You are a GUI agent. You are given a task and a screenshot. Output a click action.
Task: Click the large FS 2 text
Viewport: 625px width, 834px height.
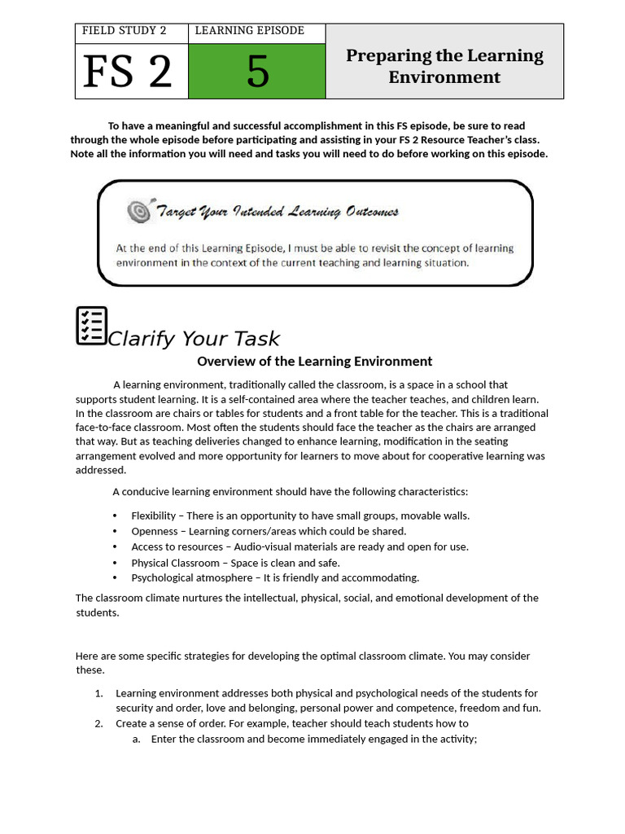128,72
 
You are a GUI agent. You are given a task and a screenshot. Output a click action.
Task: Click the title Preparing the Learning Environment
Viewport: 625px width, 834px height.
444,66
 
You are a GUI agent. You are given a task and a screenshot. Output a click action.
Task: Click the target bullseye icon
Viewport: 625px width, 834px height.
138,212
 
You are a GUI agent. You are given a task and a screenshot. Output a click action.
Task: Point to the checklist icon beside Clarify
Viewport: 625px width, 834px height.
91,326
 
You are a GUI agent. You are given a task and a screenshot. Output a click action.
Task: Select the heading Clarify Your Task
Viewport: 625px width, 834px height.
194,339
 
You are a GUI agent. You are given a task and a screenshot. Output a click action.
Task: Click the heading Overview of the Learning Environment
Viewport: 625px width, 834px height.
314,362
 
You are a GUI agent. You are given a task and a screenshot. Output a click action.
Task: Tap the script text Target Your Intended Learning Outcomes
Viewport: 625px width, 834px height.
277,213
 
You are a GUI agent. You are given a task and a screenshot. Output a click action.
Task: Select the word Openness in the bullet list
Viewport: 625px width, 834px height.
152,531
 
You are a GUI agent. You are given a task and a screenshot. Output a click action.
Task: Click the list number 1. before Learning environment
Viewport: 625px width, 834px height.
98,693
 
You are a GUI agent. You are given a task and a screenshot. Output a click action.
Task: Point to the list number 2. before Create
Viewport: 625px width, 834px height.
98,723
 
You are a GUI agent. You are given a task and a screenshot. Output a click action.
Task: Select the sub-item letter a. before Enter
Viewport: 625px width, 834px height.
137,740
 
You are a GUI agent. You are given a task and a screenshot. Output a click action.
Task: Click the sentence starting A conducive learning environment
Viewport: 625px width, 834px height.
290,492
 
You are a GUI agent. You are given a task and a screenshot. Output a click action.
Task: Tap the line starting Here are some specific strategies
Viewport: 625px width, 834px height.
302,656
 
